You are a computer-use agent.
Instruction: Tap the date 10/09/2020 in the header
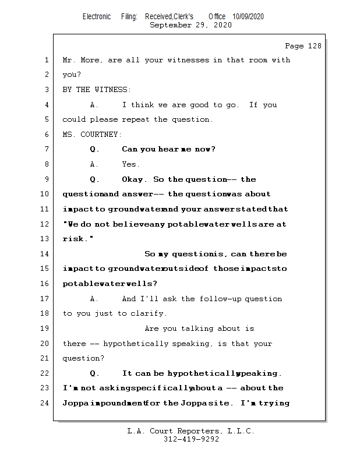[x=248, y=17]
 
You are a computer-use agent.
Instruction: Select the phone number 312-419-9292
[x=191, y=439]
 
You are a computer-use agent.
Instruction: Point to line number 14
[x=45, y=254]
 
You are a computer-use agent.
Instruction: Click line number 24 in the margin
[x=45, y=403]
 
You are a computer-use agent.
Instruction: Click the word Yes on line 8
[x=130, y=164]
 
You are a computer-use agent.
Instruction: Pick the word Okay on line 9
[x=134, y=179]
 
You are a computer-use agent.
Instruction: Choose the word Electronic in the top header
[x=97, y=17]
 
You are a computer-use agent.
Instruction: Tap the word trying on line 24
[x=274, y=403]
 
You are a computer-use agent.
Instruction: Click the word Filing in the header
[x=129, y=17]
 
